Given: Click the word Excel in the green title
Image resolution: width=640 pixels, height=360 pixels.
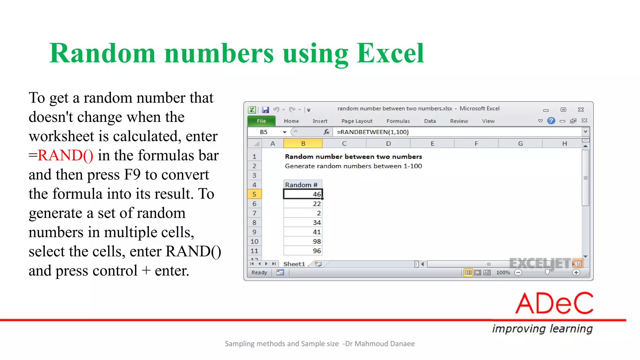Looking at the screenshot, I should coord(390,53).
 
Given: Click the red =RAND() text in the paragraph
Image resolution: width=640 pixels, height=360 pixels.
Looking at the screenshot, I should coord(61,155).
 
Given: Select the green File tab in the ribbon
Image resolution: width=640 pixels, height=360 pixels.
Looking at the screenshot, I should coord(261,121).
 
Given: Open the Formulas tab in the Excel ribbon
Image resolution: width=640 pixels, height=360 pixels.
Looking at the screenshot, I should coord(398,121).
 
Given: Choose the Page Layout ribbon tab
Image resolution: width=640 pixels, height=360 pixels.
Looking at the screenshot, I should coord(357,121).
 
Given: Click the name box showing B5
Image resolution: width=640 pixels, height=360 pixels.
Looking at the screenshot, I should coord(264,132).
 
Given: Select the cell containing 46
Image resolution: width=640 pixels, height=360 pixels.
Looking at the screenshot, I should coord(303,194).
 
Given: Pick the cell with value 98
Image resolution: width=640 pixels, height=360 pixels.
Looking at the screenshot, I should coord(303,241).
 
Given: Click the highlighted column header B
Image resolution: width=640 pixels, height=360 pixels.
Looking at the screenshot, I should coord(303,143).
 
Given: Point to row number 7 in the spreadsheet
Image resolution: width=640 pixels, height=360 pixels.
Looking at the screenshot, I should coord(254,213).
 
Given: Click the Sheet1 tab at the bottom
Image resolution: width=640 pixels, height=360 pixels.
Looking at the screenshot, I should coord(294,264).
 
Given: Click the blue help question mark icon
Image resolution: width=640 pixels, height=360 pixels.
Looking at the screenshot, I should coord(551,121).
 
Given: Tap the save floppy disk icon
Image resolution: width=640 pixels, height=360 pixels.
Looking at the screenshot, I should coord(265,110).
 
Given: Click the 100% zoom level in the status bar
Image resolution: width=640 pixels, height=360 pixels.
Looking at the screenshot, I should coord(503,272).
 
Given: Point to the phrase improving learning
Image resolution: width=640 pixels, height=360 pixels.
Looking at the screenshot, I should coord(542,328).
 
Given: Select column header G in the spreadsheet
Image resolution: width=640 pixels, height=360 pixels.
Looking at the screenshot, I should coord(520,143).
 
